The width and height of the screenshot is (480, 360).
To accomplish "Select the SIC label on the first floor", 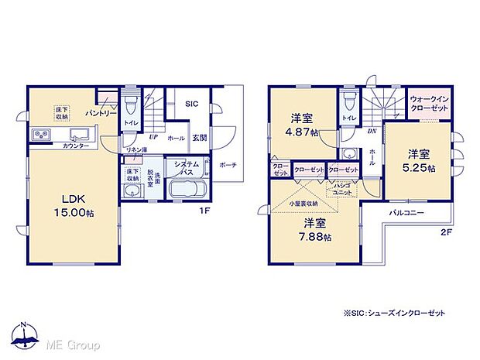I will pos(193,103).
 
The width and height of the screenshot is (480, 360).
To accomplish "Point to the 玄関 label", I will pos(200,138).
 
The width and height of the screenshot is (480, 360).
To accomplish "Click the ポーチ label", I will pos(228,165).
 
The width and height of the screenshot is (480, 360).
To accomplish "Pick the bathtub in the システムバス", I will pos(187,190).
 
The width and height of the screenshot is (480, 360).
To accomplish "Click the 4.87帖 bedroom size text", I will pos(303,132).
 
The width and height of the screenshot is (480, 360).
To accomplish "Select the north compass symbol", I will pos(25,334).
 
